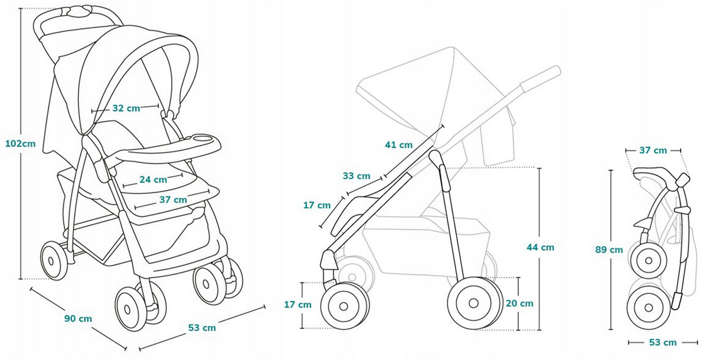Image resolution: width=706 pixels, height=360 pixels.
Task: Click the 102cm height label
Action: (x=20, y=143)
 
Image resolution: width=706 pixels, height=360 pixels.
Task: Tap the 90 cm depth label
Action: (x=78, y=318)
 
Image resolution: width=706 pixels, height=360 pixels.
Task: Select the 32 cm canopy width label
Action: (x=126, y=108)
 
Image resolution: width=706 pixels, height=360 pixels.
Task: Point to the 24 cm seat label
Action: (x=153, y=179)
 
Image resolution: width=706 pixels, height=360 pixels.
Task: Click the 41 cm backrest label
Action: (x=399, y=145)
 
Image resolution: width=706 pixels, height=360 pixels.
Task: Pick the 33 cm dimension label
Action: (x=356, y=176)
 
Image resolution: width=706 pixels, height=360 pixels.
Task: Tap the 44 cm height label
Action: (x=541, y=247)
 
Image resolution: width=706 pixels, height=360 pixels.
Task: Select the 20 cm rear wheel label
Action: (x=519, y=303)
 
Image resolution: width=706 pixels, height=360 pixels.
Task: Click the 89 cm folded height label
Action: (x=609, y=249)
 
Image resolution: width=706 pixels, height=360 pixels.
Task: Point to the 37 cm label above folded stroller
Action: (x=653, y=150)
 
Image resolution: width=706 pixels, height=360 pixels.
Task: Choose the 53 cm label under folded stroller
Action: (x=663, y=342)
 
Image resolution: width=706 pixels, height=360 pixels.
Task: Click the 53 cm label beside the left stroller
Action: (x=202, y=327)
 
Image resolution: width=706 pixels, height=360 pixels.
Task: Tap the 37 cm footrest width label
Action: (x=174, y=200)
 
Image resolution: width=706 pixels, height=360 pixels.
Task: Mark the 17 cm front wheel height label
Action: (x=298, y=305)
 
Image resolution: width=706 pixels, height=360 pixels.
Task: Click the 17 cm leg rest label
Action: (x=316, y=205)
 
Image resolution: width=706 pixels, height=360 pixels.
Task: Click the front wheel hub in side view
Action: (x=344, y=306)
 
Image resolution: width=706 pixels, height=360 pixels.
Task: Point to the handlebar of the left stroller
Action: (x=79, y=13)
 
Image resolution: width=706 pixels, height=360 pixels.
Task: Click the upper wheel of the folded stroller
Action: (x=647, y=259)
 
